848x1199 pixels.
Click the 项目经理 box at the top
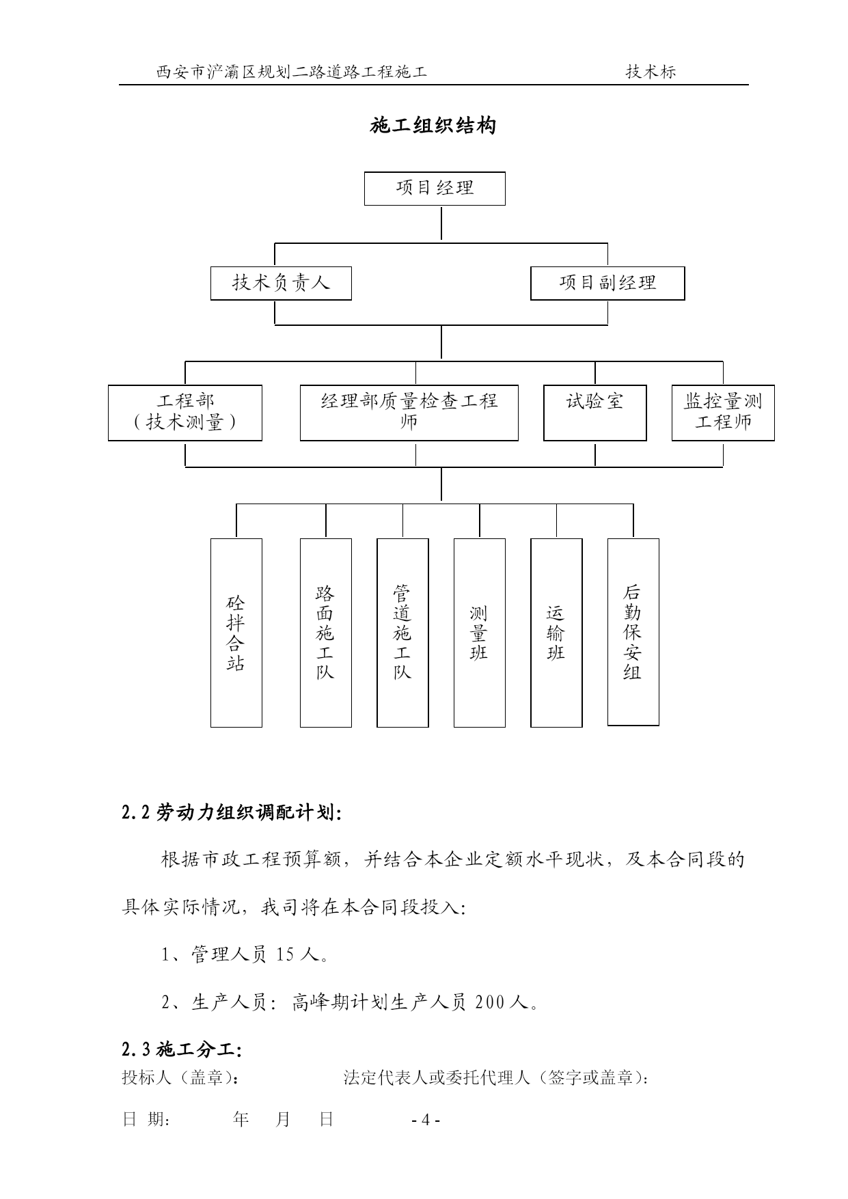point(435,189)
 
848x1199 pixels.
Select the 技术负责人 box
point(281,284)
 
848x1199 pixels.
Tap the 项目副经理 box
point(607,284)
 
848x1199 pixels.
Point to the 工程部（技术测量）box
point(185,413)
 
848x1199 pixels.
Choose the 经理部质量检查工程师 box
point(409,413)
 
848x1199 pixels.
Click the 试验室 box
point(595,413)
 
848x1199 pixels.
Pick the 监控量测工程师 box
point(723,413)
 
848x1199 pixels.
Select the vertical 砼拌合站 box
point(236,633)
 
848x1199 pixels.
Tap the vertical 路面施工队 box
point(326,633)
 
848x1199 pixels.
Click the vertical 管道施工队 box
point(403,633)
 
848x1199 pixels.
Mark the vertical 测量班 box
point(480,633)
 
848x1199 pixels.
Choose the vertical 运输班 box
point(557,633)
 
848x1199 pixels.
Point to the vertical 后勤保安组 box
point(633,632)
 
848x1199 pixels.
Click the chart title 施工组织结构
point(433,126)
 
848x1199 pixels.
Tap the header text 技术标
point(651,72)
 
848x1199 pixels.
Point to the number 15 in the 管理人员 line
point(286,954)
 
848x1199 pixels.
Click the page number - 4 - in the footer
point(426,1120)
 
